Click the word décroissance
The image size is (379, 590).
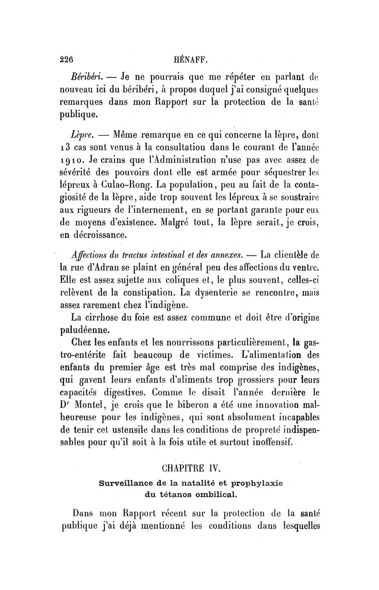(100, 235)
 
